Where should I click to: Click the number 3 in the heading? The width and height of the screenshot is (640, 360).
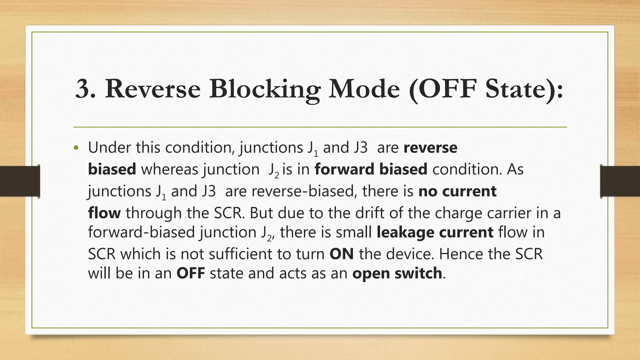(83, 89)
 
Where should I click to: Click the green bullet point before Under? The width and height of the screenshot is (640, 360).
(77, 148)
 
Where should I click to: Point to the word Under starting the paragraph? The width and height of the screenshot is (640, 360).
(109, 147)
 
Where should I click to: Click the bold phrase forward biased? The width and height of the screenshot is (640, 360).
(371, 169)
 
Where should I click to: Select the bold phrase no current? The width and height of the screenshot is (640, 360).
(457, 191)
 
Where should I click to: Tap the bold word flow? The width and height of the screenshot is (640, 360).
(104, 213)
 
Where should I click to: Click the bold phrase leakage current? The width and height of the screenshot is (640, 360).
(435, 232)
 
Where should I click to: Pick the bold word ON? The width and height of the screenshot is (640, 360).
(342, 254)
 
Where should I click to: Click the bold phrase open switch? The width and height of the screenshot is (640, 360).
(397, 273)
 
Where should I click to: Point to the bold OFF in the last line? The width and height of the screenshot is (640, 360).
(191, 273)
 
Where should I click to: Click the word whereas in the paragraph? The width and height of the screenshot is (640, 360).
(169, 169)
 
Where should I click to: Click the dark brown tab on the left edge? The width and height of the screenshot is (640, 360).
(20, 181)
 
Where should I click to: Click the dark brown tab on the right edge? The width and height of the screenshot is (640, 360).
(620, 181)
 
